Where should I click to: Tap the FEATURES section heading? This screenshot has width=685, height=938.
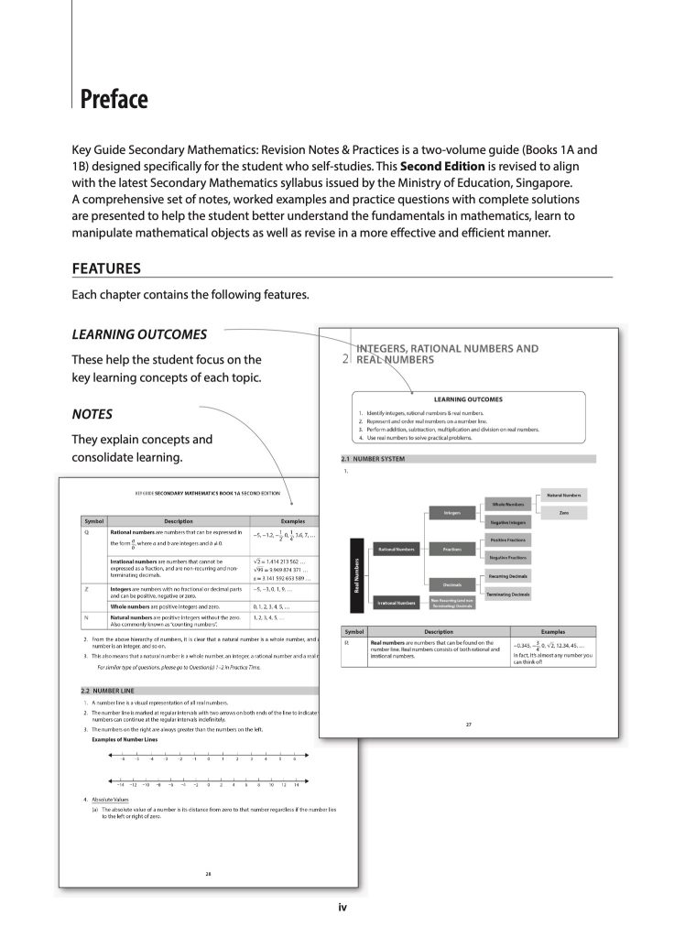[x=106, y=268]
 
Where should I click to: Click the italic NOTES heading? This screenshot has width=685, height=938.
[x=92, y=414]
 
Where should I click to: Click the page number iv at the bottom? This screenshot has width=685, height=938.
[x=342, y=908]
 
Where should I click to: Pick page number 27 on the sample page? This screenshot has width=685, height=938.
[x=468, y=725]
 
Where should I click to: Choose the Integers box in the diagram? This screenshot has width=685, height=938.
[x=451, y=512]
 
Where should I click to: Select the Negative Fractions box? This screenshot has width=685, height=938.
[x=507, y=557]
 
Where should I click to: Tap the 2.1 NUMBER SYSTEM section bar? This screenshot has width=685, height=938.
[x=467, y=458]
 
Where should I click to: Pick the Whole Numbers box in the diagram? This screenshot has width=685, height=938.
[x=507, y=504]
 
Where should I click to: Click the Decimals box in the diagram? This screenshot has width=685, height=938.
[x=451, y=584]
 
